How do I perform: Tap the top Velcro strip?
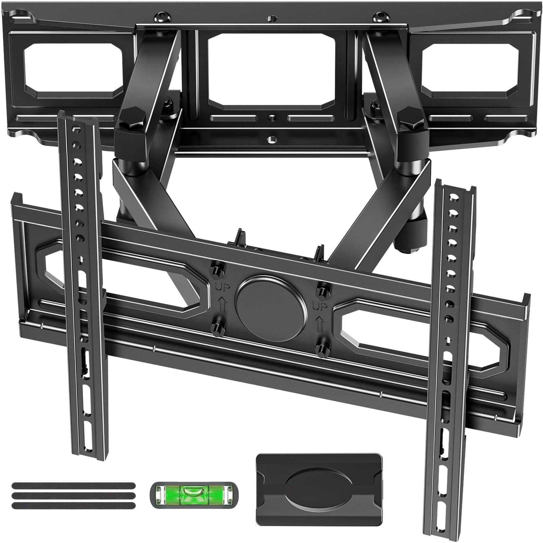click(x=73, y=486)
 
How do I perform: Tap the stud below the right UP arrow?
click(x=319, y=348)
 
